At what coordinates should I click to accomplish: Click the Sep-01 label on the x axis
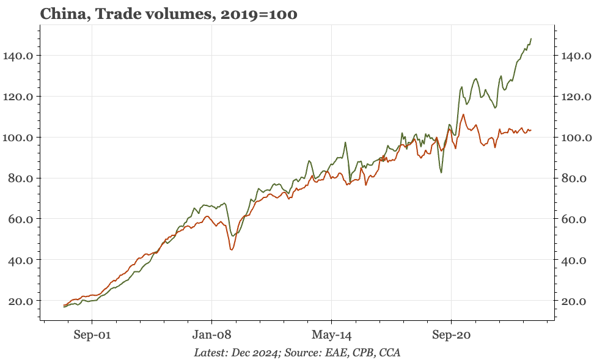coord(92,335)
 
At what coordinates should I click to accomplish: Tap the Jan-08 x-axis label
coord(211,335)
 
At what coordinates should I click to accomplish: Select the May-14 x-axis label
coord(331,335)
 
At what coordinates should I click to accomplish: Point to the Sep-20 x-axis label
coord(451,335)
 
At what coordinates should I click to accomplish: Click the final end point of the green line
coord(531,39)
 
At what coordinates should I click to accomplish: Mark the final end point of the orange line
coord(531,130)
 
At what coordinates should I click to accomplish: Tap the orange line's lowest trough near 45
coord(232,249)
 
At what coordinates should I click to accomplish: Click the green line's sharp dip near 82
coord(441,172)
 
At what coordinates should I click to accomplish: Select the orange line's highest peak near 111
coord(464,114)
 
